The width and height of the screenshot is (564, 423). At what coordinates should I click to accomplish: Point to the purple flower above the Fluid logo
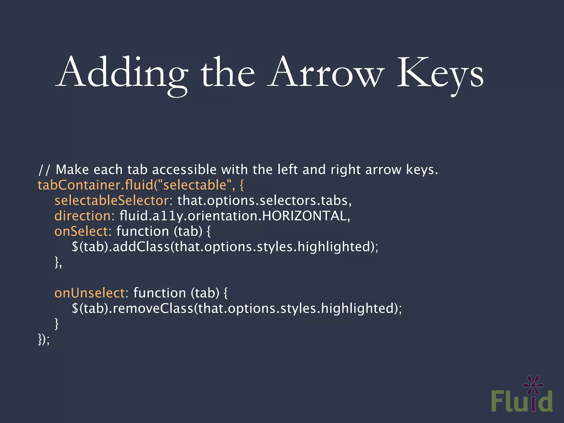pyautogui.click(x=533, y=385)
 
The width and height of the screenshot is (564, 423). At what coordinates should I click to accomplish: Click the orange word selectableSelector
pyautogui.click(x=112, y=200)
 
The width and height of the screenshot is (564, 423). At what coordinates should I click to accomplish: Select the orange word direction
pyautogui.click(x=83, y=216)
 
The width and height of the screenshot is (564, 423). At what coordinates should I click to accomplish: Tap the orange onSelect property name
pyautogui.click(x=81, y=231)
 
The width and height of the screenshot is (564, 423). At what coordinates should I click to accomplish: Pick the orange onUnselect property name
pyautogui.click(x=90, y=293)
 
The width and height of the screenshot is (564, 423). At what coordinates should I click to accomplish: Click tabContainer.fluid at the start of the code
pyautogui.click(x=95, y=185)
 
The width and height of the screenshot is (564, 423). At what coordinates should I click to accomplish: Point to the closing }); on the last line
pyautogui.click(x=44, y=339)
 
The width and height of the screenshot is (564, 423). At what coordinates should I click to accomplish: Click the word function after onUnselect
pyautogui.click(x=160, y=293)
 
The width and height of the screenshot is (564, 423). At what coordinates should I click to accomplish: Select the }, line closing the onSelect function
pyautogui.click(x=58, y=262)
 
